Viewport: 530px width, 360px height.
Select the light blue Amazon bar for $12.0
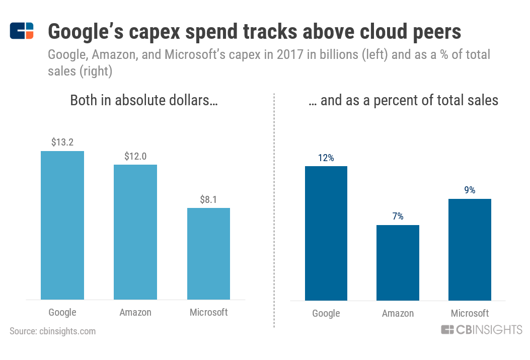(135, 232)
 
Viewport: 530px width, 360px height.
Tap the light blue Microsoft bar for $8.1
(208, 254)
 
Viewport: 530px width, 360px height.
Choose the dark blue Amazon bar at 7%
(398, 262)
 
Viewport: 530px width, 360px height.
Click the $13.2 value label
(62, 142)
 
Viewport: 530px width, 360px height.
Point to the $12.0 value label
(135, 156)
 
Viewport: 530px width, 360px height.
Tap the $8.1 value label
(208, 199)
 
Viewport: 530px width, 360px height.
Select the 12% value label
(326, 158)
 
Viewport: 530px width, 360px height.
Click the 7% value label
(398, 217)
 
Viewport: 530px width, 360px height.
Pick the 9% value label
(470, 190)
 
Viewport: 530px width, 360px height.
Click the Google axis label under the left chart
(62, 312)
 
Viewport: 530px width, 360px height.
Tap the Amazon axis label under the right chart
(398, 313)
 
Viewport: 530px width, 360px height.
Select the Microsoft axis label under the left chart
(208, 312)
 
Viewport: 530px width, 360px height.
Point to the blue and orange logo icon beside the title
(22, 31)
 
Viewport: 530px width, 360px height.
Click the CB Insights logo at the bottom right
(482, 330)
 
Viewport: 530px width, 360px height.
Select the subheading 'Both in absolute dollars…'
(144, 100)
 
